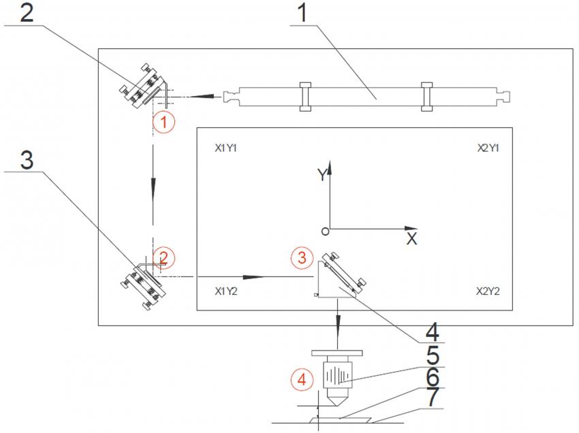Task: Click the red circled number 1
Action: [163, 123]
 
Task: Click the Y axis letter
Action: [320, 175]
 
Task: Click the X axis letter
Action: [411, 239]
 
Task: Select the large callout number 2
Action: [26, 14]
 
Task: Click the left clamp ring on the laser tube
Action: [304, 96]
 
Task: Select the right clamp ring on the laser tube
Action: [426, 96]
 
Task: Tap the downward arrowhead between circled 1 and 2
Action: [154, 186]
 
